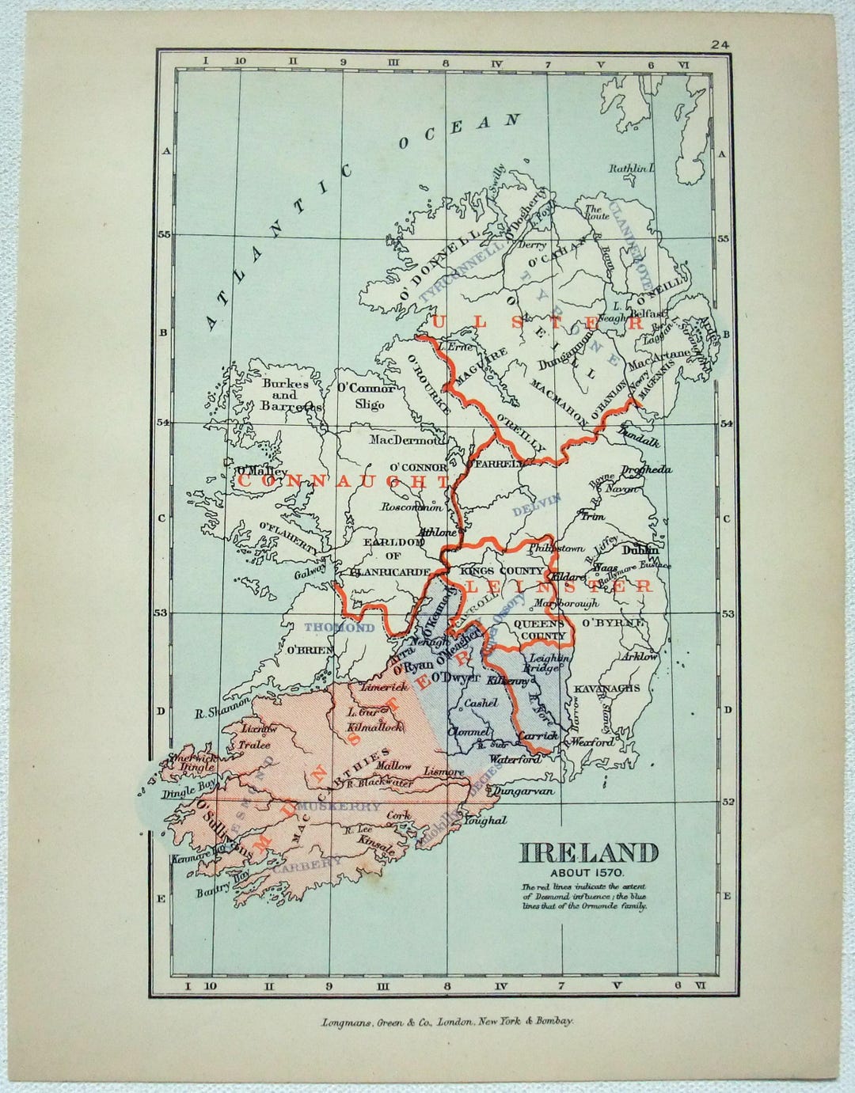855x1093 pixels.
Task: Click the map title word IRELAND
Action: [x=589, y=853]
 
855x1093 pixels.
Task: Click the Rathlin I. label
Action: [x=632, y=168]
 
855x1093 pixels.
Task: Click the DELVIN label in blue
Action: [x=536, y=503]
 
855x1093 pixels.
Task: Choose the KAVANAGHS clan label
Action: [x=607, y=689]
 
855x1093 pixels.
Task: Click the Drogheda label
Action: [x=647, y=469]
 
